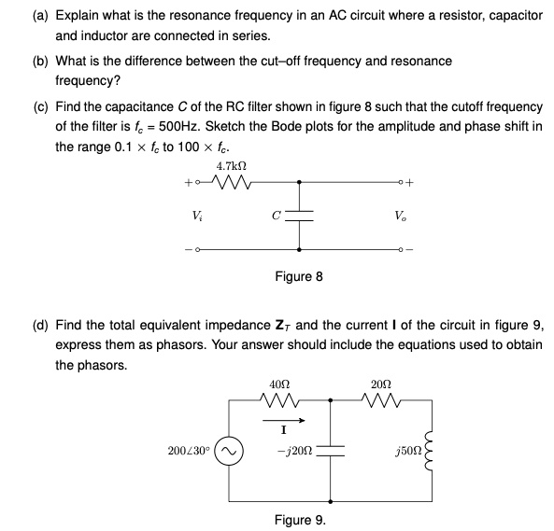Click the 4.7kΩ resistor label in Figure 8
tap(224, 166)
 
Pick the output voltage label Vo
tap(400, 216)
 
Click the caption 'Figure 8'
tap(299, 277)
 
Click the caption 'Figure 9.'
tap(299, 520)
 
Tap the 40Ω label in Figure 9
tap(278, 384)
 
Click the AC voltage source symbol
tap(231, 453)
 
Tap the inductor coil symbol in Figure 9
tap(432, 453)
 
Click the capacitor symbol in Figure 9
tap(332, 453)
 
